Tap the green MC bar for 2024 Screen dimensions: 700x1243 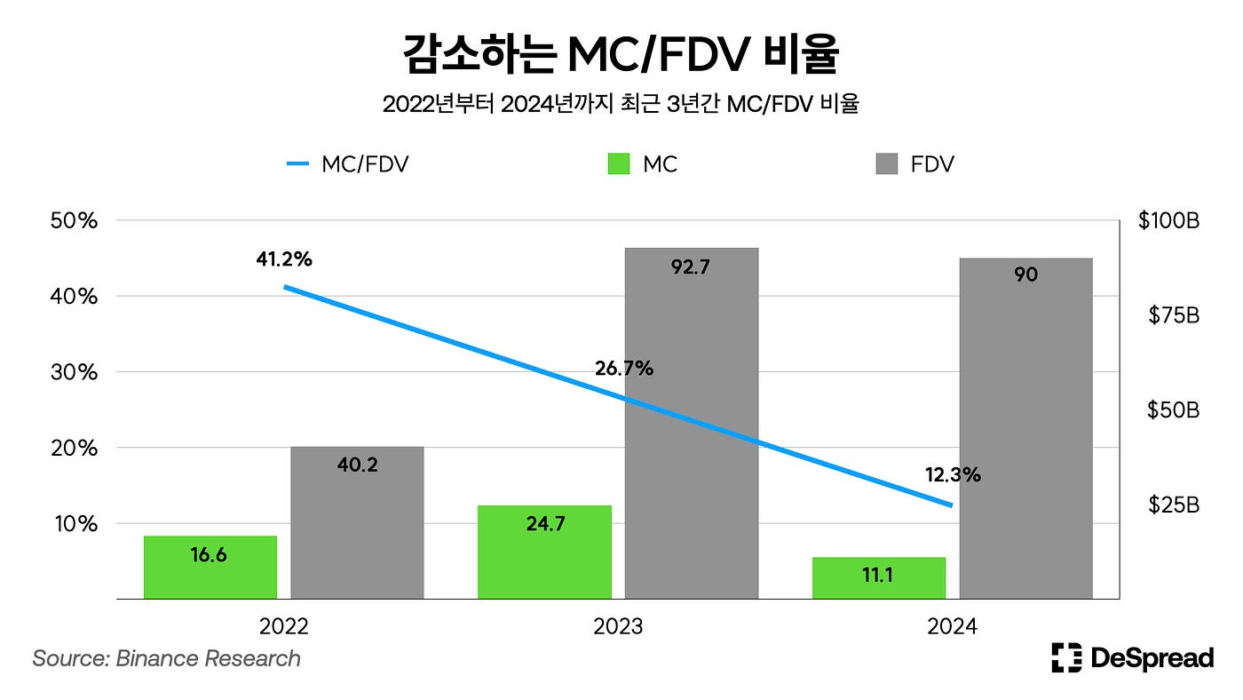pos(879,577)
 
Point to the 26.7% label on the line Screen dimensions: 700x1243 pos(623,368)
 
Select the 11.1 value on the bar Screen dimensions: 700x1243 pos(878,576)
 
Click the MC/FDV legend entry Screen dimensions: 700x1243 pos(347,164)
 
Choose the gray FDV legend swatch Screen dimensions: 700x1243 pos(886,164)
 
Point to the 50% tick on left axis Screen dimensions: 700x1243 pos(75,220)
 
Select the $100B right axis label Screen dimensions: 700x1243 pos(1168,220)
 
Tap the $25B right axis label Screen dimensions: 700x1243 pos(1175,505)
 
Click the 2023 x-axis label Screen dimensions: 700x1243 pos(618,627)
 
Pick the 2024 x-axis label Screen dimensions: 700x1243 pos(952,627)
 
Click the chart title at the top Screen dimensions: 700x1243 pos(621,56)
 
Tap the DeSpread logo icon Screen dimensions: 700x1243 pos(1066,657)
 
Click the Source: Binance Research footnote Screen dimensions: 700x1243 pos(166,658)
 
